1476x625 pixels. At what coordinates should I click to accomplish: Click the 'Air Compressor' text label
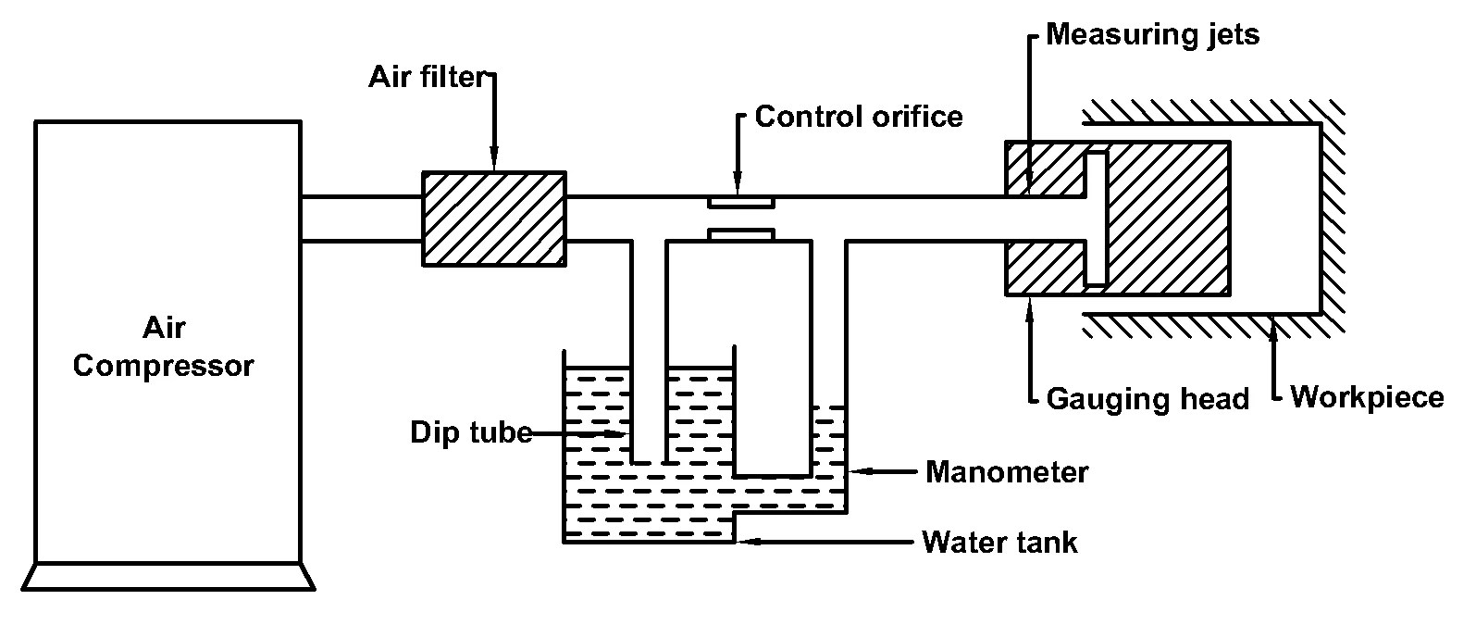[164, 347]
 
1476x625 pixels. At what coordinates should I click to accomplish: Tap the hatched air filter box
[494, 219]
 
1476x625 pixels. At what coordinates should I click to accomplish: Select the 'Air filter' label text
[428, 77]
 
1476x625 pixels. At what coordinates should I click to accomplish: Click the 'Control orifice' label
[859, 117]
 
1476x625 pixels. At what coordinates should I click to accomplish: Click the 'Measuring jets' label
[1152, 34]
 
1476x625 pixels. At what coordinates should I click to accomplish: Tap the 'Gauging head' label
[1147, 399]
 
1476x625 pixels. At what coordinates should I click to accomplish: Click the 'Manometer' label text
[1007, 472]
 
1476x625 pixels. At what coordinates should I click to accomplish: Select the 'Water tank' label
[999, 543]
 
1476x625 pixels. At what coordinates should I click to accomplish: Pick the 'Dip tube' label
[471, 432]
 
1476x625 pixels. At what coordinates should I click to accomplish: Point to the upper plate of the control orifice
[740, 203]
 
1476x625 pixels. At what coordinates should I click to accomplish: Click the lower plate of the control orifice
[740, 234]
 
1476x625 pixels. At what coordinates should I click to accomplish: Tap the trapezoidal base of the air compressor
[168, 577]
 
